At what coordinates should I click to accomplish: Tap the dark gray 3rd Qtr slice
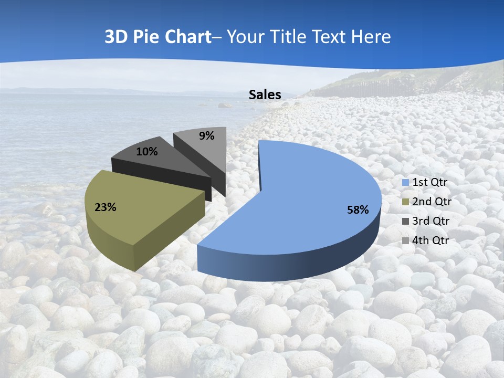click(x=157, y=163)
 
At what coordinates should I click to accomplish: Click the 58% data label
click(x=358, y=210)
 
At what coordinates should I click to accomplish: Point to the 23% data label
click(x=106, y=207)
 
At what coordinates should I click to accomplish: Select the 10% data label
click(x=147, y=152)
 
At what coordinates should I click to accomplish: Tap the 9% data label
click(x=207, y=136)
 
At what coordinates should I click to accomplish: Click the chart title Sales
click(x=265, y=94)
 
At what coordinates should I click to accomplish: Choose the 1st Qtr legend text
click(x=430, y=182)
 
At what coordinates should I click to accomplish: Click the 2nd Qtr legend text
click(x=432, y=202)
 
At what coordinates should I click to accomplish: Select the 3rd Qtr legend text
click(x=431, y=221)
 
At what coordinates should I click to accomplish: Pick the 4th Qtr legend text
click(x=431, y=240)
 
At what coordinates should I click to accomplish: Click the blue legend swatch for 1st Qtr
click(x=405, y=183)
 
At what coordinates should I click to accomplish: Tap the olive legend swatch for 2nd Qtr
click(x=405, y=202)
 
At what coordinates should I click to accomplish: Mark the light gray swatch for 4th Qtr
click(x=405, y=241)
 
